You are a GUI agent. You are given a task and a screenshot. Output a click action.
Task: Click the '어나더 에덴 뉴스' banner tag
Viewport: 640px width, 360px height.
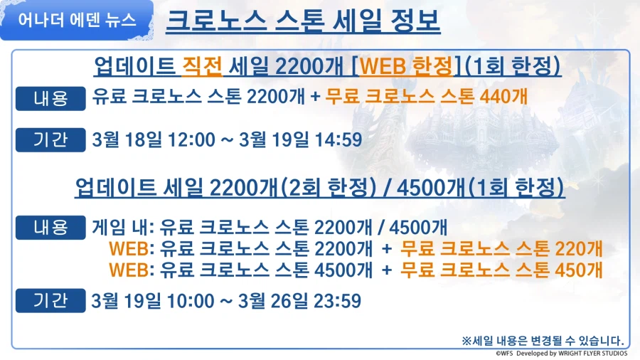76,20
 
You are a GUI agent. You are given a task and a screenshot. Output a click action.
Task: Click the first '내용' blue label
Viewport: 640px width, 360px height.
51,97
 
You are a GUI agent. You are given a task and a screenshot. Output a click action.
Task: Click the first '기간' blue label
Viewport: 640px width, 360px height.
51,139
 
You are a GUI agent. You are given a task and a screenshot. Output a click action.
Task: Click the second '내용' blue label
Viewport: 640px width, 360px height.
51,228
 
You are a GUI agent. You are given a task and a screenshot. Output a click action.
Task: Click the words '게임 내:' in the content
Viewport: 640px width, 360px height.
121,228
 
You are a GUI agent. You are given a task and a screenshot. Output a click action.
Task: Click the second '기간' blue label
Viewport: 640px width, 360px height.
51,300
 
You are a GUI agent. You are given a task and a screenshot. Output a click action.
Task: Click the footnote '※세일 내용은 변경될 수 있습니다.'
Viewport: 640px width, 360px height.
542,339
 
